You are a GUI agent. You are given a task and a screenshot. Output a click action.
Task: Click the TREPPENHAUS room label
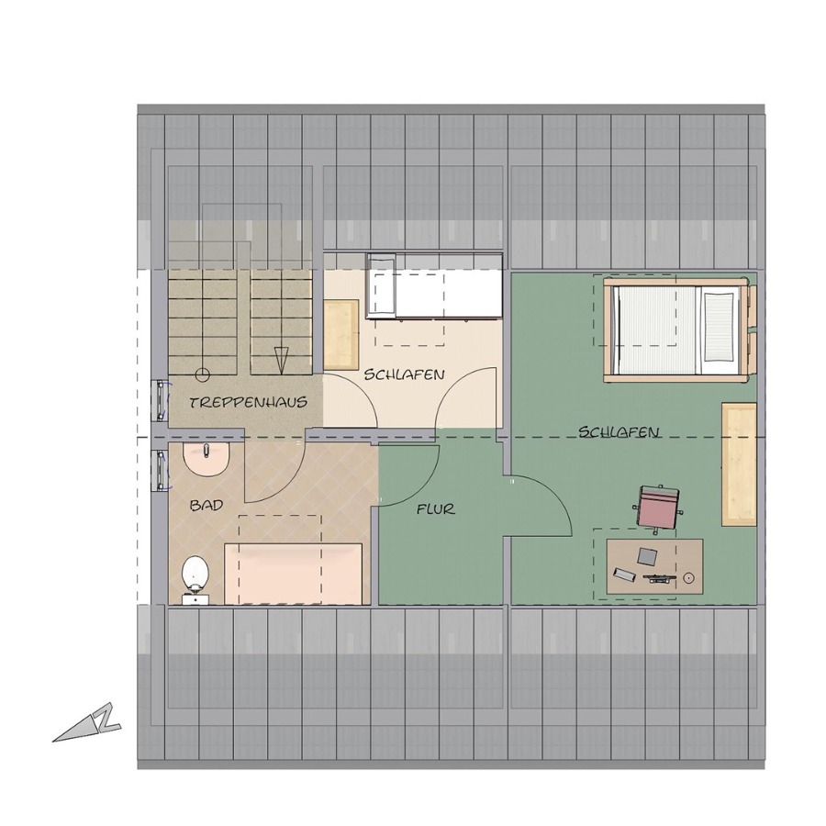(x=248, y=403)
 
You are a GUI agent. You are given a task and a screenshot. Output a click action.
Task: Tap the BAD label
(x=206, y=506)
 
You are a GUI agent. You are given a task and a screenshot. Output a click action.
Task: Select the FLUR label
(x=435, y=510)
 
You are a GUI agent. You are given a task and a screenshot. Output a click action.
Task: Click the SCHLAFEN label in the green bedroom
(x=619, y=432)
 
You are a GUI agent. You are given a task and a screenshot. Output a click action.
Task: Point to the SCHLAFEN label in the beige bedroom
(x=405, y=374)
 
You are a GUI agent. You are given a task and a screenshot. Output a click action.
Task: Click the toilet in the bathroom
(x=195, y=579)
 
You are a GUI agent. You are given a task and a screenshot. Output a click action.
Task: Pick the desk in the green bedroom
(x=654, y=566)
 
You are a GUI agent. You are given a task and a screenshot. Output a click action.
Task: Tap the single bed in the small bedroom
(x=434, y=286)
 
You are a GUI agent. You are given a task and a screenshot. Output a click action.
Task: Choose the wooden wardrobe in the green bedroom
(x=739, y=464)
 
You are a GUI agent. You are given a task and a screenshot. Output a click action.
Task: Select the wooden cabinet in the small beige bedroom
(x=341, y=334)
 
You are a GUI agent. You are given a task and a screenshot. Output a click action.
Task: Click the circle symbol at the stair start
(x=202, y=375)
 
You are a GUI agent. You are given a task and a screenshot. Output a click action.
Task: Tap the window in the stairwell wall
(x=160, y=401)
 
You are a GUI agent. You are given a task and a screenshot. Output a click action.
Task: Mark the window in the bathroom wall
(x=160, y=471)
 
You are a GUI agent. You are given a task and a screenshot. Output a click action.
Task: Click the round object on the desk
(x=687, y=578)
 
